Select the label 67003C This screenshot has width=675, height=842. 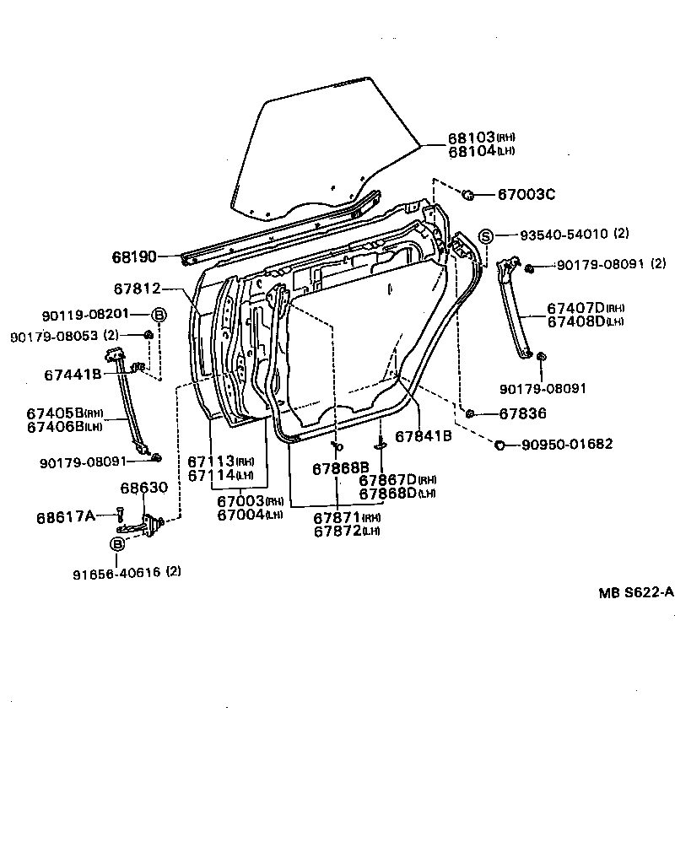(x=526, y=195)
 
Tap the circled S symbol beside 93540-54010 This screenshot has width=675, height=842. (x=486, y=236)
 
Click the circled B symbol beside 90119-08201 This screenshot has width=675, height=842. (x=159, y=315)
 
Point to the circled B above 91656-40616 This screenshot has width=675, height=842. (x=117, y=543)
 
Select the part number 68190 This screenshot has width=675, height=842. (x=135, y=256)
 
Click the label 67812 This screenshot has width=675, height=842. (x=136, y=289)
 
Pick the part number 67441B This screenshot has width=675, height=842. (x=73, y=374)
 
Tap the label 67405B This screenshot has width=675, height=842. (x=53, y=413)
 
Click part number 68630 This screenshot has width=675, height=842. (x=143, y=488)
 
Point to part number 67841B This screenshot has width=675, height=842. (x=424, y=436)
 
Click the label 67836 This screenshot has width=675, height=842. (x=522, y=413)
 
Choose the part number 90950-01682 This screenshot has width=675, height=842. (x=567, y=445)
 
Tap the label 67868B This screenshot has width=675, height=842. (x=341, y=468)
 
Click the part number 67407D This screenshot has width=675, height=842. (x=574, y=309)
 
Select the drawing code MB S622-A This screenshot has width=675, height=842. (x=636, y=592)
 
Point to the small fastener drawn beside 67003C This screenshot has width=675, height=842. (x=470, y=195)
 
